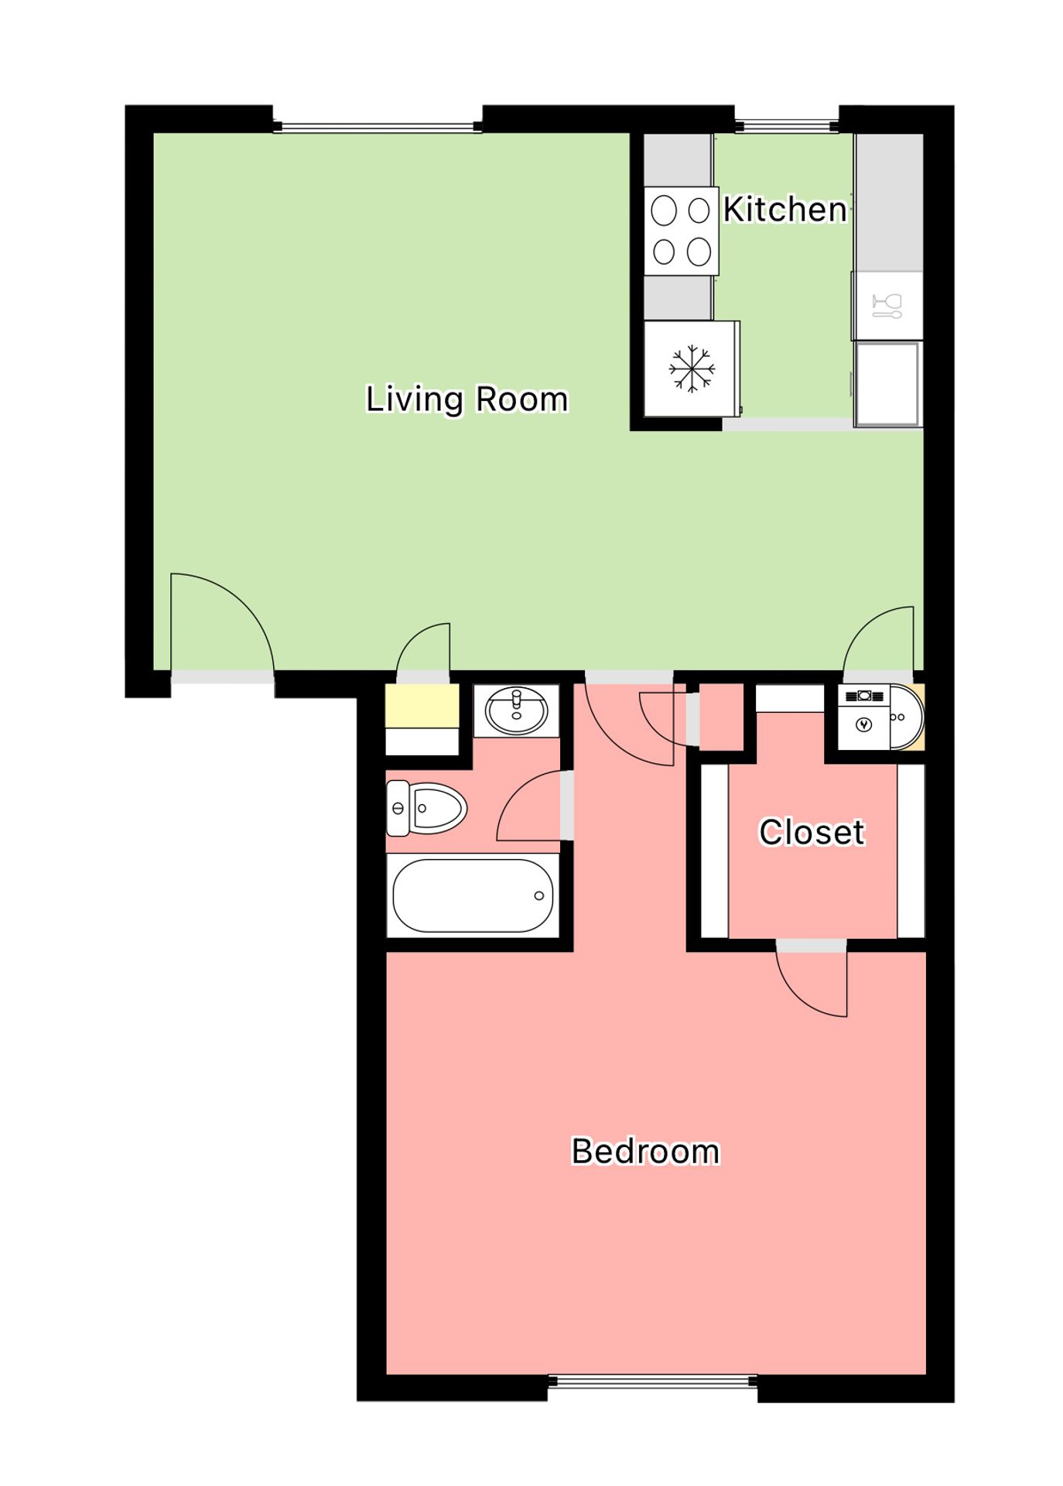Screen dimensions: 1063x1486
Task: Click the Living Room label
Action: (467, 400)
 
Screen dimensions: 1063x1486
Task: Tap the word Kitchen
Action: (784, 209)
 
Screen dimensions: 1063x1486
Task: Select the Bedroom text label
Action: (645, 1152)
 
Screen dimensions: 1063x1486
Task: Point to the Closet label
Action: (812, 832)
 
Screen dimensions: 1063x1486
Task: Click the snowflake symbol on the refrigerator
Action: (691, 368)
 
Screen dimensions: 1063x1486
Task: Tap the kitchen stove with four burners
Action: (682, 231)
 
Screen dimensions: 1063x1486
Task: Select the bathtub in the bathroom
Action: (473, 895)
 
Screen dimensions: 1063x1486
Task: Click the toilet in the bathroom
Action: (426, 808)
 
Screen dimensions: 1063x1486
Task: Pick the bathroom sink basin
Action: (516, 710)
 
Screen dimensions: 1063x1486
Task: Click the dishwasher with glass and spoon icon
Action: (887, 306)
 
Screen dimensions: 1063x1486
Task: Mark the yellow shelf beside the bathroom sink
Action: (422, 704)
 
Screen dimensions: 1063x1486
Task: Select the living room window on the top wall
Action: (378, 127)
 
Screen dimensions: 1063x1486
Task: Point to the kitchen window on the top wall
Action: (786, 126)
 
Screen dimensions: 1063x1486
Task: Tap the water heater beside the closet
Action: (880, 717)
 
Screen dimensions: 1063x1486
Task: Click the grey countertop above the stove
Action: (678, 160)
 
